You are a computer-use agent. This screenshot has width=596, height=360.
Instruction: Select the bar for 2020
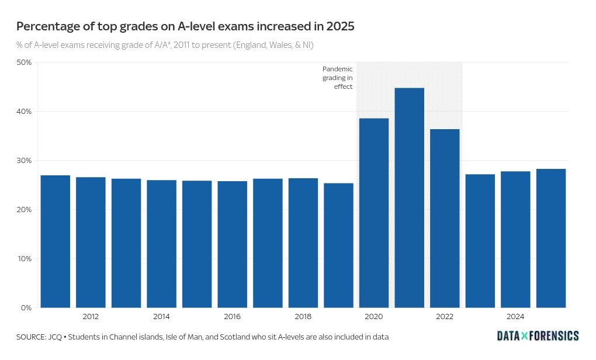(x=374, y=213)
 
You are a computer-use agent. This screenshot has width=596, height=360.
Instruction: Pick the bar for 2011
(x=56, y=241)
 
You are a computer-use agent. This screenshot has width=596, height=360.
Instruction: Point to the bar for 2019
(x=338, y=245)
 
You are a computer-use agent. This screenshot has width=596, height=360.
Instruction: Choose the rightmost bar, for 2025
(x=551, y=238)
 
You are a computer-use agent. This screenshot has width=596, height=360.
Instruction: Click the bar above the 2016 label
(x=232, y=244)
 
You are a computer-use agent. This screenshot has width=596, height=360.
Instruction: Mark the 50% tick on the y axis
(x=24, y=63)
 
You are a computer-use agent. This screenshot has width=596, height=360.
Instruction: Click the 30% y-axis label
(x=24, y=161)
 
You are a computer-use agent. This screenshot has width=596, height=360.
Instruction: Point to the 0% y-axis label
(x=27, y=308)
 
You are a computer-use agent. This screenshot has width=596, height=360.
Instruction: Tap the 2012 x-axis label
(x=91, y=317)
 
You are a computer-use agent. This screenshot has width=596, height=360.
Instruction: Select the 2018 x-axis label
(x=303, y=317)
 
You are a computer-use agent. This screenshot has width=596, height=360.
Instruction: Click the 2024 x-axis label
(x=515, y=317)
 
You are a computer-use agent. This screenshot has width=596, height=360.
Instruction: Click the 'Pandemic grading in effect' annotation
(x=338, y=78)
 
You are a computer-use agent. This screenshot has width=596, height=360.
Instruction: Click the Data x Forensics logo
(x=538, y=335)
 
